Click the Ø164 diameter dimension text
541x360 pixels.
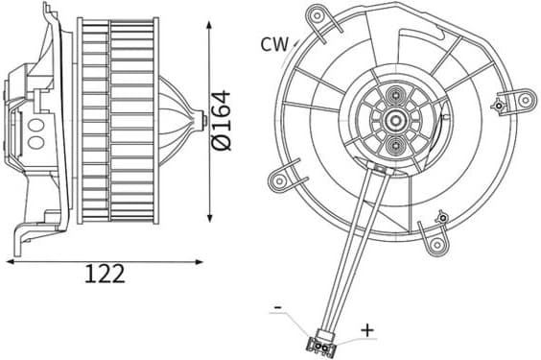coord(221,121)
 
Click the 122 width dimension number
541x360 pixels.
coord(105,274)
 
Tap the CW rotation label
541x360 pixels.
coord(274,44)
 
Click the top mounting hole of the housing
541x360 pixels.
coord(316,14)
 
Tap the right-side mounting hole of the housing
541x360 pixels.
coord(526,100)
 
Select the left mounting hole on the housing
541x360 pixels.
coord(279,180)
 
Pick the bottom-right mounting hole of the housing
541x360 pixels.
coord(437,245)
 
